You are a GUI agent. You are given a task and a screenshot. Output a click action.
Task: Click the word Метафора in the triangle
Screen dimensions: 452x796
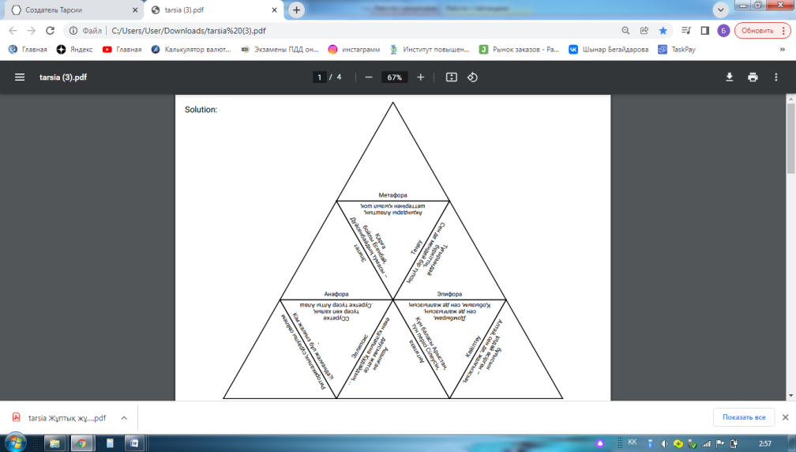coord(392,195)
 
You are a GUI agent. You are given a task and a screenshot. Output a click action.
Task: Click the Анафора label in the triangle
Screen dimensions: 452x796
coord(336,294)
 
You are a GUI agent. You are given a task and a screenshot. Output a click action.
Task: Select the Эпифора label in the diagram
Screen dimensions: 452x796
coord(449,294)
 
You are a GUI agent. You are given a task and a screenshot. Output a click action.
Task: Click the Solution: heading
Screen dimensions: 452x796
coord(201,110)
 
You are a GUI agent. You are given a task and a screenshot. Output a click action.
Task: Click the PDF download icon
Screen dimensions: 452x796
coord(730,77)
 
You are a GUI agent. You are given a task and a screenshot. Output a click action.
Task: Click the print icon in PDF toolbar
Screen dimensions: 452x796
coord(753,77)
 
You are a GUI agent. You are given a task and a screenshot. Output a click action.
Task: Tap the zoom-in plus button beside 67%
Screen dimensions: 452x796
coord(421,77)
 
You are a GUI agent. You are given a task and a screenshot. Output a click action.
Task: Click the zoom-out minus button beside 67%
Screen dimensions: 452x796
coord(369,77)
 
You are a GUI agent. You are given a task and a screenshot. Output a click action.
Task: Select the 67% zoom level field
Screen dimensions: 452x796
coord(394,77)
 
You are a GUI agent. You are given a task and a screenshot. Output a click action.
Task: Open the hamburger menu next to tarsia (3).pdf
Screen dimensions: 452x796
coord(20,77)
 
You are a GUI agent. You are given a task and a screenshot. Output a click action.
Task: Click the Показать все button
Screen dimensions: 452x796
coord(743,417)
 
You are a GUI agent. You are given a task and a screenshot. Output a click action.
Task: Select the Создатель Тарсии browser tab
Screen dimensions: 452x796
coord(67,10)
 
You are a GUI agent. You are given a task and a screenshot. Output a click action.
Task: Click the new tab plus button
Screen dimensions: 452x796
coord(297,10)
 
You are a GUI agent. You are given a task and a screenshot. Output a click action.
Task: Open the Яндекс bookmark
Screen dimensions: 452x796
coord(75,49)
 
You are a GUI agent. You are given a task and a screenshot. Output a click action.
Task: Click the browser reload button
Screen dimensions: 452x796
coord(51,31)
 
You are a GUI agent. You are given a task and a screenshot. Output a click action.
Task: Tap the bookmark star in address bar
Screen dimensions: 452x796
coord(663,31)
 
